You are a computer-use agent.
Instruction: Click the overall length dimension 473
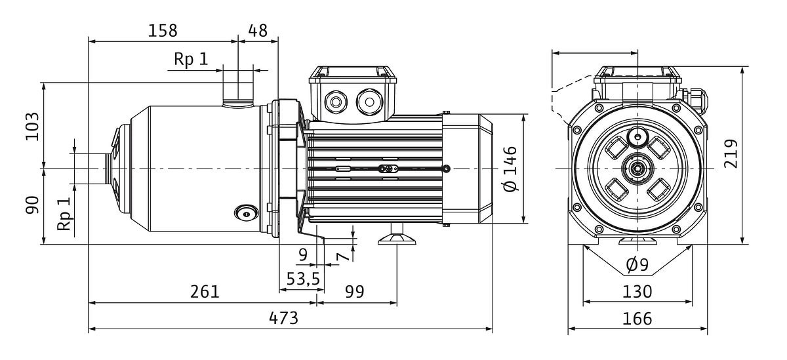(284, 319)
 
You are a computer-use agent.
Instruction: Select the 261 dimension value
(205, 292)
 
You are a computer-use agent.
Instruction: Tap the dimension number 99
(355, 292)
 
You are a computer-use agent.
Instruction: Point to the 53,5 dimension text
(303, 279)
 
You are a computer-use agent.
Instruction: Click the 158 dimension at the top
(163, 31)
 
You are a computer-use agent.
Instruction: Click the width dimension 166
(637, 319)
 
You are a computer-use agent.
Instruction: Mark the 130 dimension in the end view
(637, 291)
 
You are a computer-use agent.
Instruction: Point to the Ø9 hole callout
(637, 265)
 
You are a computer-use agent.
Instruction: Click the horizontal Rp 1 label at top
(191, 60)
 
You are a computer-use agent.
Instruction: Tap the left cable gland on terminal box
(337, 102)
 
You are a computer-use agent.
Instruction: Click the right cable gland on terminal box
(367, 102)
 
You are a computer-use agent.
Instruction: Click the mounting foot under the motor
(397, 238)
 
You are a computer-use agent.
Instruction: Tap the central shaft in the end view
(637, 169)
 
